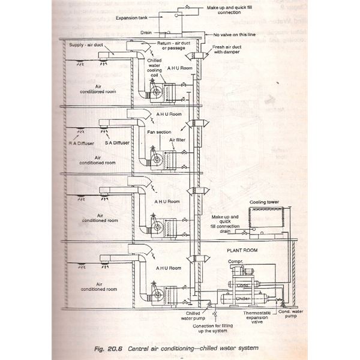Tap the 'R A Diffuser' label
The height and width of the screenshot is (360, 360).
click(80, 144)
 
